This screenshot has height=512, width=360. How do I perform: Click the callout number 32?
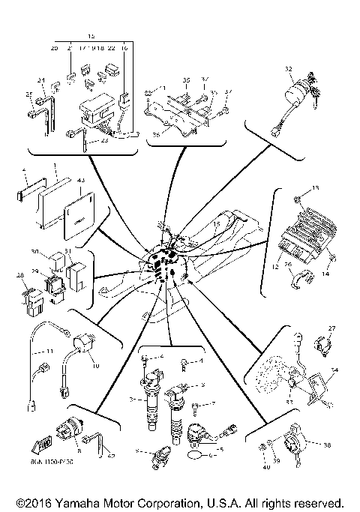(x=288, y=69)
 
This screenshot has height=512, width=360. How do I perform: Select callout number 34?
(x=334, y=370)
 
